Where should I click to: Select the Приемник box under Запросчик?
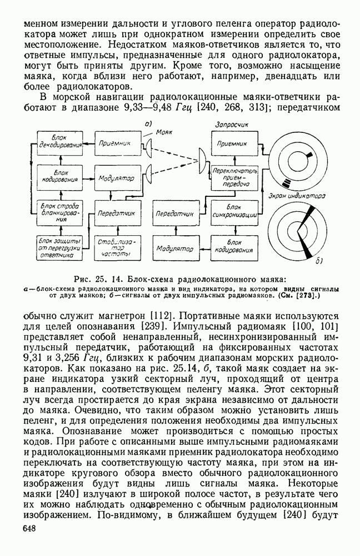233,143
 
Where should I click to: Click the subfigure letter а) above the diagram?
148,123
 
